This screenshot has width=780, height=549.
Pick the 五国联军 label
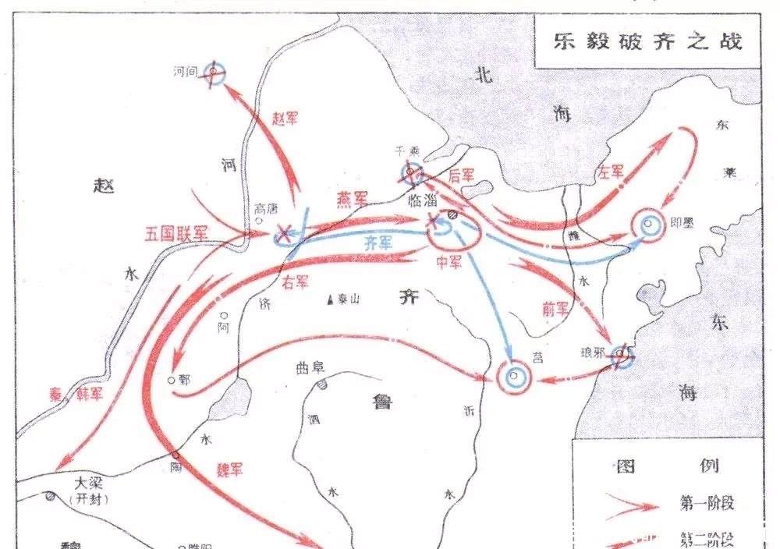177,232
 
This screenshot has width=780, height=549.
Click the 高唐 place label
266,209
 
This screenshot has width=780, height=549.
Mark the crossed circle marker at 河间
214,73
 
